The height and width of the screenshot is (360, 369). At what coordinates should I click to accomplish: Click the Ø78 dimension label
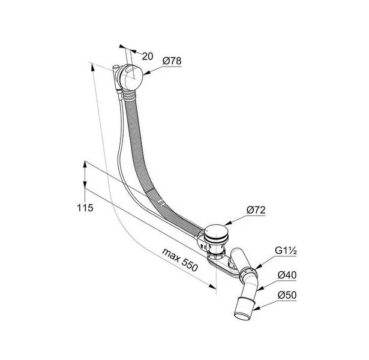[x=172, y=61]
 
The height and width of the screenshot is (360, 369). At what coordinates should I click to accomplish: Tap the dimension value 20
[x=148, y=56]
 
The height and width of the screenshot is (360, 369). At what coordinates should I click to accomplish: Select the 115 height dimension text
[x=85, y=208]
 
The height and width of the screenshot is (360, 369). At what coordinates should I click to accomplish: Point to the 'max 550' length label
[x=180, y=260]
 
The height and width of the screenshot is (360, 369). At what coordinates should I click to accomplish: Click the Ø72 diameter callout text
[x=256, y=210]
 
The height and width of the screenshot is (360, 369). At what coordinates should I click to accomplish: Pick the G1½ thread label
[x=286, y=251]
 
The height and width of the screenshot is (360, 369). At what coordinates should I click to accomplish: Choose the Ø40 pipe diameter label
[x=287, y=275]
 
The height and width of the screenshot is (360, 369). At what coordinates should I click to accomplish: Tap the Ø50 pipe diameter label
[x=287, y=295]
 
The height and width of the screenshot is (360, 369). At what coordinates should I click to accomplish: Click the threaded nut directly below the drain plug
[x=216, y=254]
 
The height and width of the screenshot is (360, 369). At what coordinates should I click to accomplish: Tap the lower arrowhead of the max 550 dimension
[x=212, y=286]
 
